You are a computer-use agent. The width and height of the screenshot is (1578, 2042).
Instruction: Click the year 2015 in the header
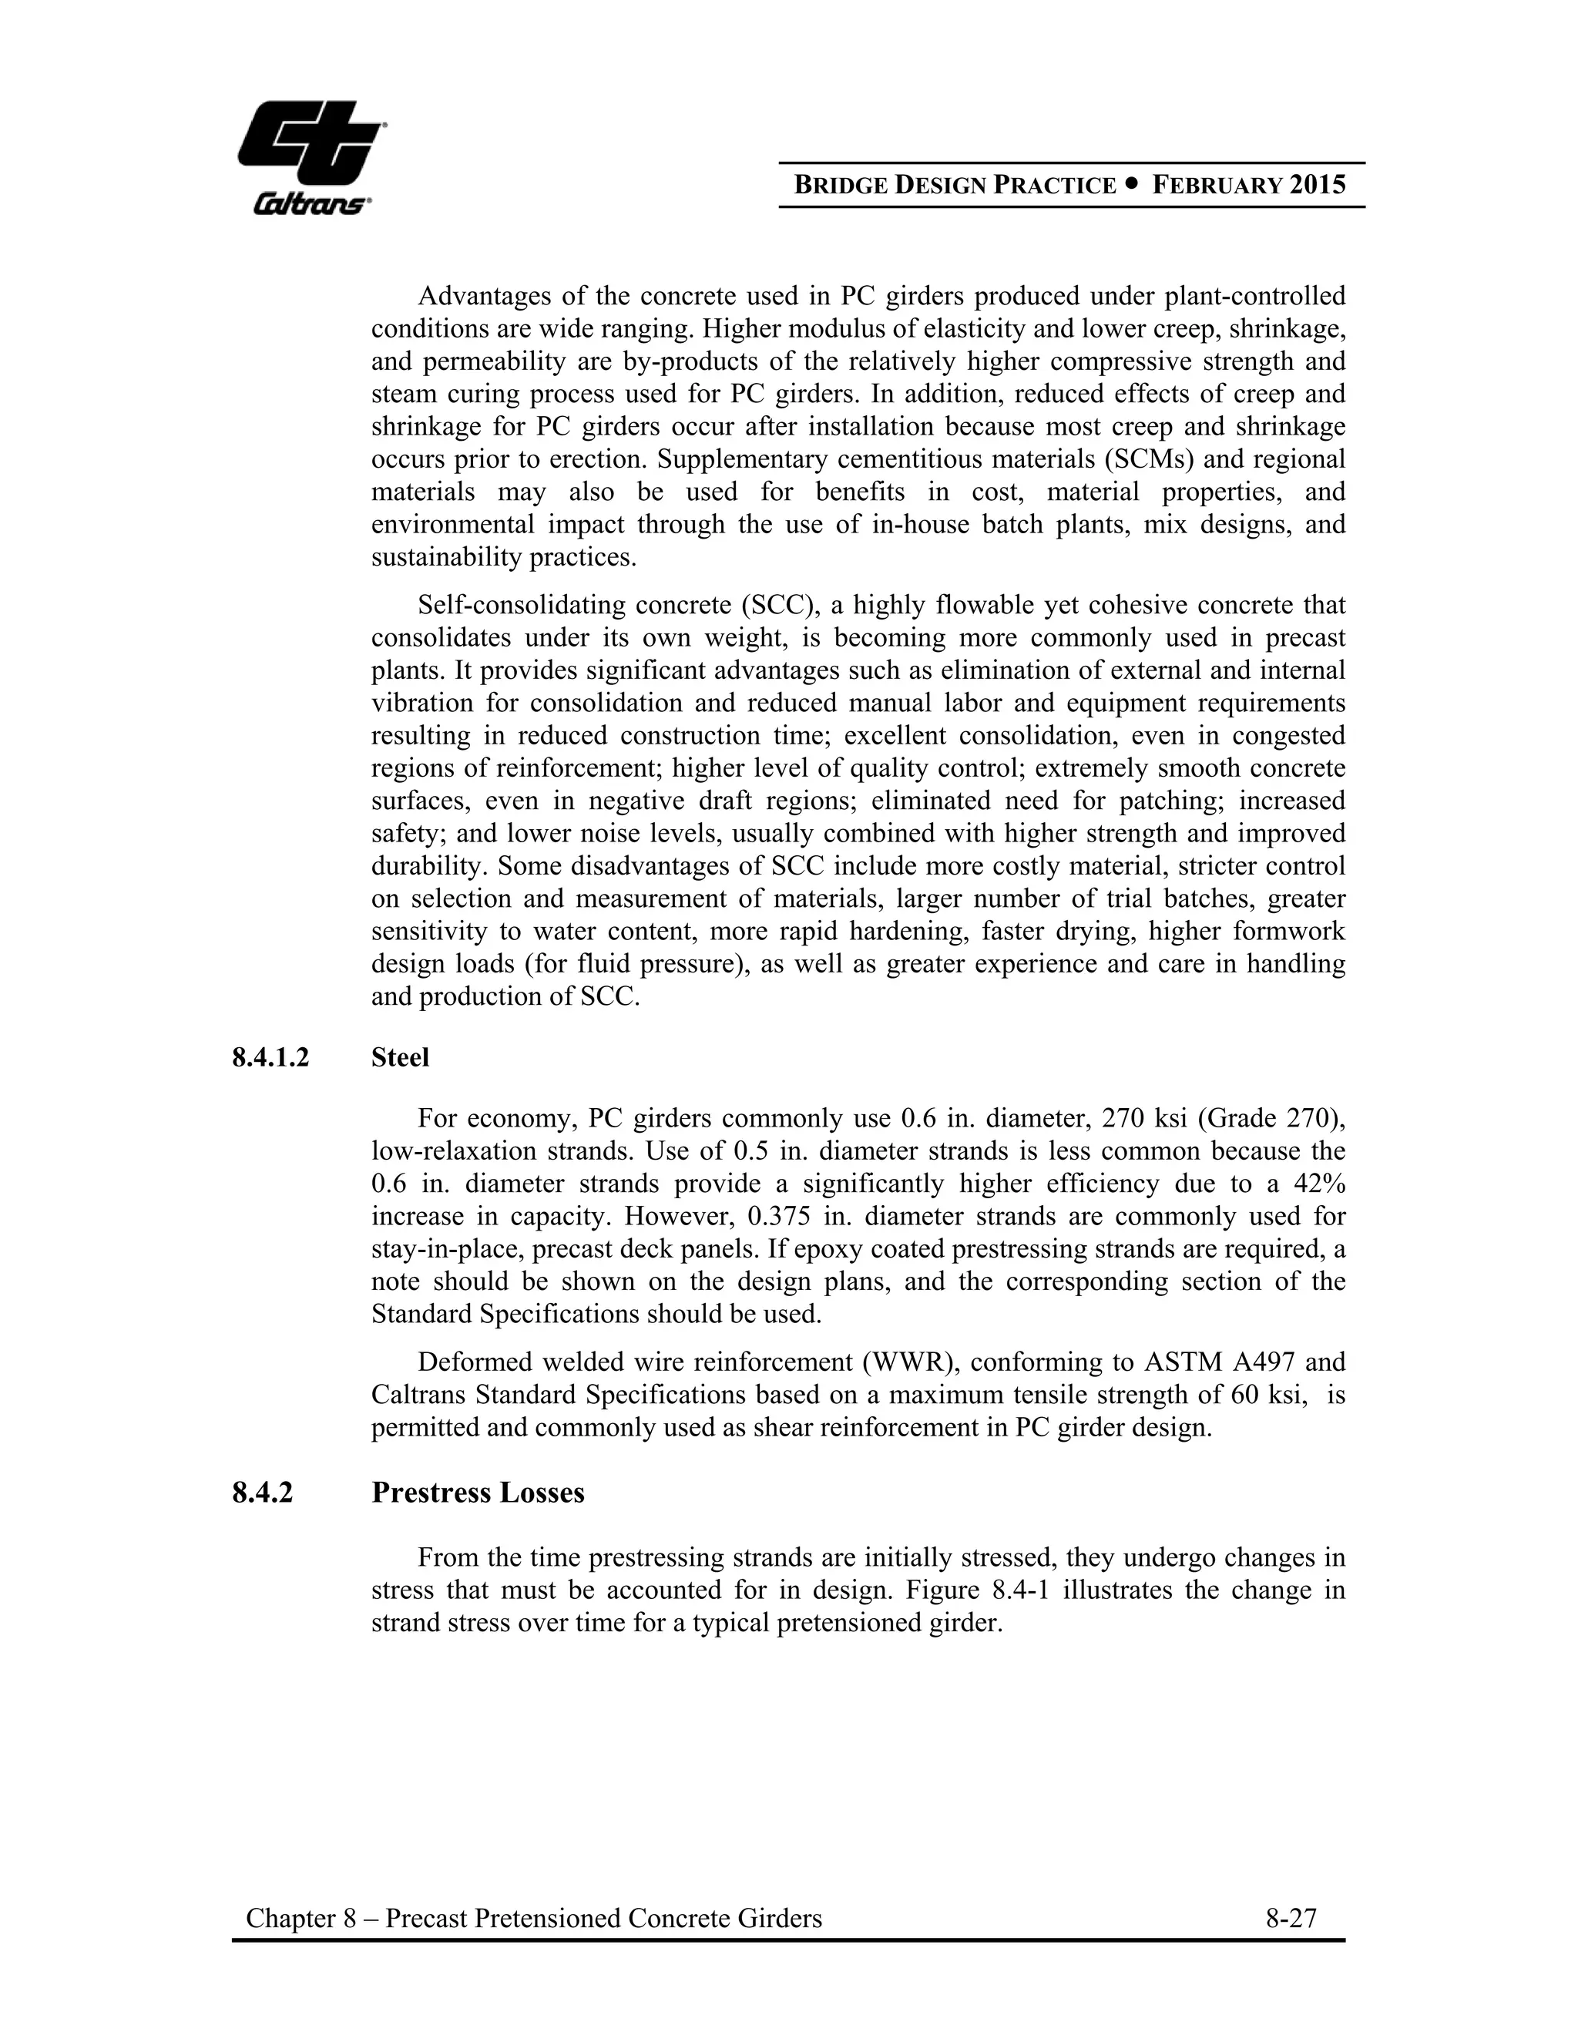tap(1318, 185)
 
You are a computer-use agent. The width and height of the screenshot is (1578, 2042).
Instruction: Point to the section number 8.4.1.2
tap(271, 1057)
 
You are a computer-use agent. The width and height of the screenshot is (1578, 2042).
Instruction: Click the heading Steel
tap(400, 1057)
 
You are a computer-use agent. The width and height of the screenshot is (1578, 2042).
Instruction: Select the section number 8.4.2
tap(263, 1493)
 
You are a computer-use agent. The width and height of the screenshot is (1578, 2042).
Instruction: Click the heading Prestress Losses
tap(478, 1493)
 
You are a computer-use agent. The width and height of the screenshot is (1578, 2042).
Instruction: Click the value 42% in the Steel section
tap(1319, 1184)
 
